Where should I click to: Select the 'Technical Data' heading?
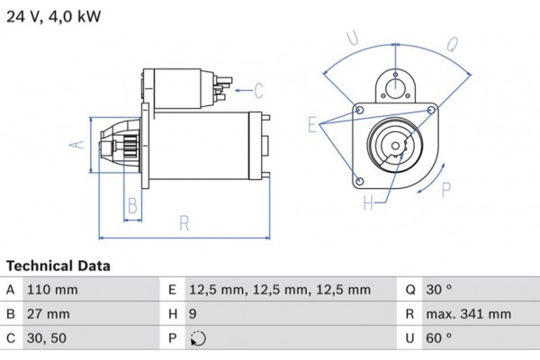click(x=58, y=266)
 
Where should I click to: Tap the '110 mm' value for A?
click(x=55, y=290)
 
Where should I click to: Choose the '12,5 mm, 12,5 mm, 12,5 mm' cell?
click(x=280, y=290)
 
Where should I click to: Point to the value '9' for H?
click(x=194, y=314)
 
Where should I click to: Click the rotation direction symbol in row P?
click(x=198, y=339)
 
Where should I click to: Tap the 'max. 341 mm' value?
click(x=470, y=314)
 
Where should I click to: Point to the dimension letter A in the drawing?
click(x=78, y=144)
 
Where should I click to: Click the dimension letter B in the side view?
click(x=131, y=206)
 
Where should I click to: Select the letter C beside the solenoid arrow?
click(x=258, y=90)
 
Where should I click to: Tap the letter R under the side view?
click(x=184, y=223)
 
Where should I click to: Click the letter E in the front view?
click(x=312, y=125)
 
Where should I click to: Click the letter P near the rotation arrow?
click(x=446, y=188)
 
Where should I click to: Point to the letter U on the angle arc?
click(x=353, y=38)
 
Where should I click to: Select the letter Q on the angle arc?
click(x=452, y=42)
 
